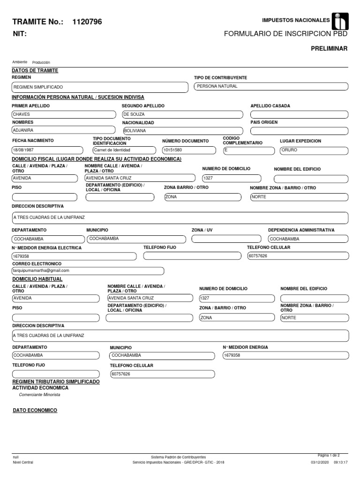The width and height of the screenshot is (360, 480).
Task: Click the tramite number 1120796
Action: click(87, 22)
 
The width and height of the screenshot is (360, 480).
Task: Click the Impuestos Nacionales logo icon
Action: click(340, 22)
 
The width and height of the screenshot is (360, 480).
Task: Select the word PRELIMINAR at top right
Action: click(329, 49)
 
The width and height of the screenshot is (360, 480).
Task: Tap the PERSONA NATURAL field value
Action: click(271, 86)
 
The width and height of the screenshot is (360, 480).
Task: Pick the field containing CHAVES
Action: click(63, 114)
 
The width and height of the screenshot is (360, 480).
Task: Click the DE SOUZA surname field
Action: click(182, 114)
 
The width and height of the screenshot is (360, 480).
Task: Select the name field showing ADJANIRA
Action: click(63, 130)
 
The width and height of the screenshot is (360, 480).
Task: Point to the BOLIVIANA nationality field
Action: click(182, 131)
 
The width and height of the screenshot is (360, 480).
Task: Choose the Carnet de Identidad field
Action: click(124, 150)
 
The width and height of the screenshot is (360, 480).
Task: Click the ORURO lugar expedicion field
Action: click(313, 150)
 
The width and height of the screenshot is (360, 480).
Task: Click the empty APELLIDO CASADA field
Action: click(299, 114)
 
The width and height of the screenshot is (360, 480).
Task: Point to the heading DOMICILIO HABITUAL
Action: click(34, 279)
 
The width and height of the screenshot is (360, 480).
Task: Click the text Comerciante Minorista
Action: click(40, 395)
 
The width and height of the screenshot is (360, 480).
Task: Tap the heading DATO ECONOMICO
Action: click(35, 411)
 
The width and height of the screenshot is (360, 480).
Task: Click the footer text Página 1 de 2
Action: click(332, 455)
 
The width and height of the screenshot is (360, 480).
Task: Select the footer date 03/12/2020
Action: click(320, 462)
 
